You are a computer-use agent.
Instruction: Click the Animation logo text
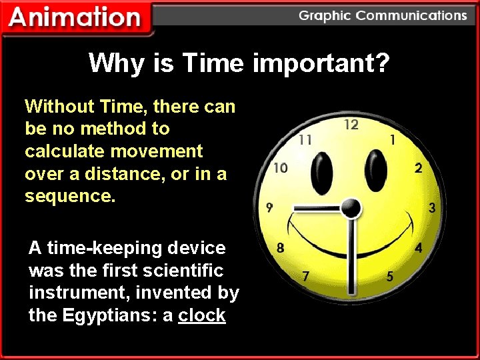(75, 18)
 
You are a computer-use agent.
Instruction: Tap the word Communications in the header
(412, 15)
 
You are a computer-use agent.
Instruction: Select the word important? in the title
(321, 63)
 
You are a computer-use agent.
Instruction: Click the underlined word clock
(202, 315)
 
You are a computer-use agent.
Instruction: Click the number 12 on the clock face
(351, 125)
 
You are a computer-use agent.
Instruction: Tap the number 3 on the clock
(432, 208)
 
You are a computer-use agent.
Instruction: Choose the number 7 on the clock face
(305, 276)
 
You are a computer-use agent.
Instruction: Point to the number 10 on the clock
(281, 168)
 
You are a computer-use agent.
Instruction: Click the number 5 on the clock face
(390, 276)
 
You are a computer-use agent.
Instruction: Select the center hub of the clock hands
(351, 209)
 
